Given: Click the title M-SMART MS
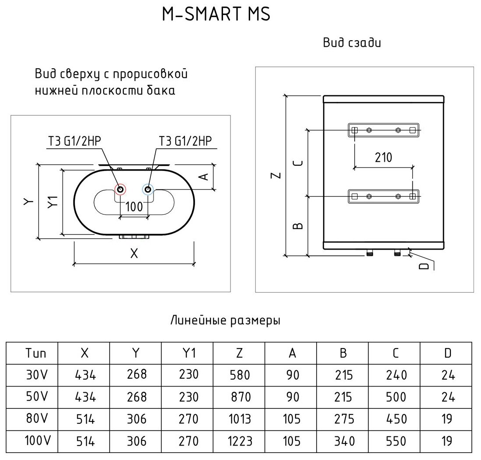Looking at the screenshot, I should (x=216, y=15).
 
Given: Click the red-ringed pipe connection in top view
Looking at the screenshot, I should (x=120, y=190).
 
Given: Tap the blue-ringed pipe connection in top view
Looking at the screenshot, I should (x=148, y=190).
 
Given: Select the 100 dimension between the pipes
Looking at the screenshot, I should (x=134, y=206).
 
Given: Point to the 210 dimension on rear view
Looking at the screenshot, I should (x=383, y=157).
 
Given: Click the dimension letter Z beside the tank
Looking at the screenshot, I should (x=275, y=175).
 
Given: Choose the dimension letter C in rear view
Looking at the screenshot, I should (x=298, y=163).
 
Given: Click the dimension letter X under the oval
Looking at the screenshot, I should (x=134, y=253).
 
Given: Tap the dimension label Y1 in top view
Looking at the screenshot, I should (x=53, y=202).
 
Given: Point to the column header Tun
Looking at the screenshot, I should (x=35, y=353).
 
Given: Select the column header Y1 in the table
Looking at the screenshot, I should (x=188, y=353).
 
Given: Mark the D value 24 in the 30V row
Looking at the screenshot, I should (x=448, y=375).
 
